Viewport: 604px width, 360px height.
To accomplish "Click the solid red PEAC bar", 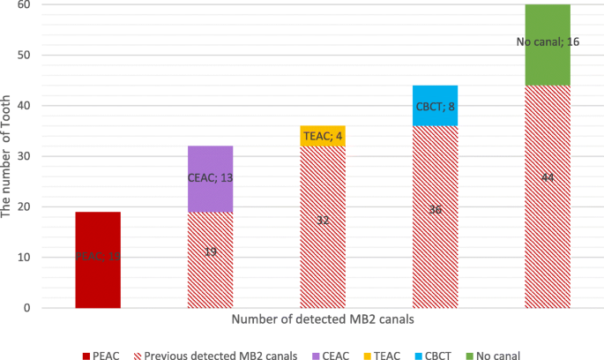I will (98, 259).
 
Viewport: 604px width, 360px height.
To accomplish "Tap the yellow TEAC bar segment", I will (323, 136).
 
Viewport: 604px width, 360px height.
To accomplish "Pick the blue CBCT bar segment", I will (435, 106).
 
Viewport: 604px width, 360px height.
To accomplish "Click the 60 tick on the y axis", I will (24, 5).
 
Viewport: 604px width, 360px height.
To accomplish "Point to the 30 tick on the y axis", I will (24, 157).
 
